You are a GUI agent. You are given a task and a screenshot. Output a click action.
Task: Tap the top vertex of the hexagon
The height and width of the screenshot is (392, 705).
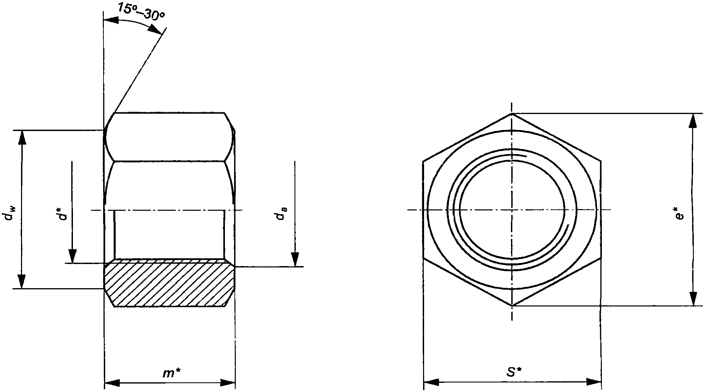click(x=512, y=113)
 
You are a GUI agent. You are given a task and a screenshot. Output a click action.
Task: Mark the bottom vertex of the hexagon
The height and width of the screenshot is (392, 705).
click(x=512, y=306)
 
